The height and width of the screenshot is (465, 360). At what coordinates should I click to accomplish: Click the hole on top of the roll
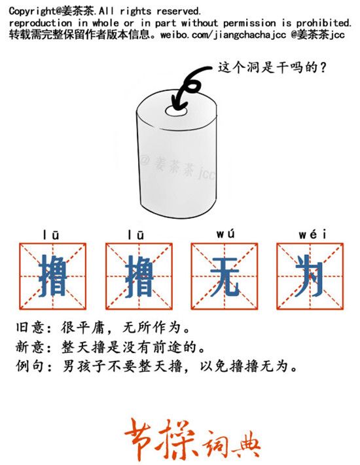tap(176, 111)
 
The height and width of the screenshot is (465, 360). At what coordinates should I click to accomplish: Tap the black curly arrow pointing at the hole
tap(190, 85)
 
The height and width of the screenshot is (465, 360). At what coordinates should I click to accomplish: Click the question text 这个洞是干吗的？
tap(272, 67)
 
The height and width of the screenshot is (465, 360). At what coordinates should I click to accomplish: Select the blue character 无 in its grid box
tap(225, 276)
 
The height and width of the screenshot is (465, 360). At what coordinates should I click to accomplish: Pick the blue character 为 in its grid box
tap(310, 276)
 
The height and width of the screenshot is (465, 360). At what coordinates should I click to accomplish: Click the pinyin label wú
tap(225, 234)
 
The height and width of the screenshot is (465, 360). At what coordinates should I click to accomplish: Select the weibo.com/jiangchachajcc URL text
tap(223, 35)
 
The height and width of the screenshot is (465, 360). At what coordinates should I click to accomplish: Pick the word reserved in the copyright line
tap(178, 12)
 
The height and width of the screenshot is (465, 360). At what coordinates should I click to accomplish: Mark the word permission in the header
tap(249, 23)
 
